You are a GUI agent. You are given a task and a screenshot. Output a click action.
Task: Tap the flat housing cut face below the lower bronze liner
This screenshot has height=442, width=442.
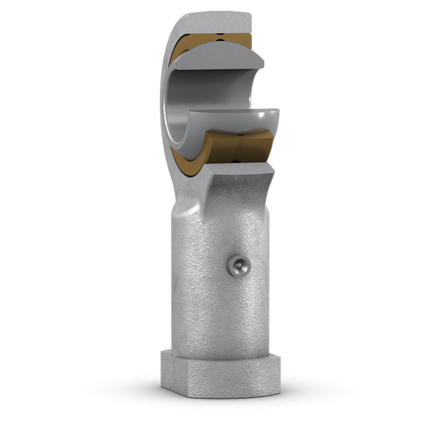[x=243, y=170]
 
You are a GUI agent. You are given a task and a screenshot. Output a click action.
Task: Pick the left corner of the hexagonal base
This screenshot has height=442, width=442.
[x=161, y=361]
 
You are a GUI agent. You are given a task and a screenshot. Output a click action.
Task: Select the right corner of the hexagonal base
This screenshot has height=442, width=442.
[x=281, y=361]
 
